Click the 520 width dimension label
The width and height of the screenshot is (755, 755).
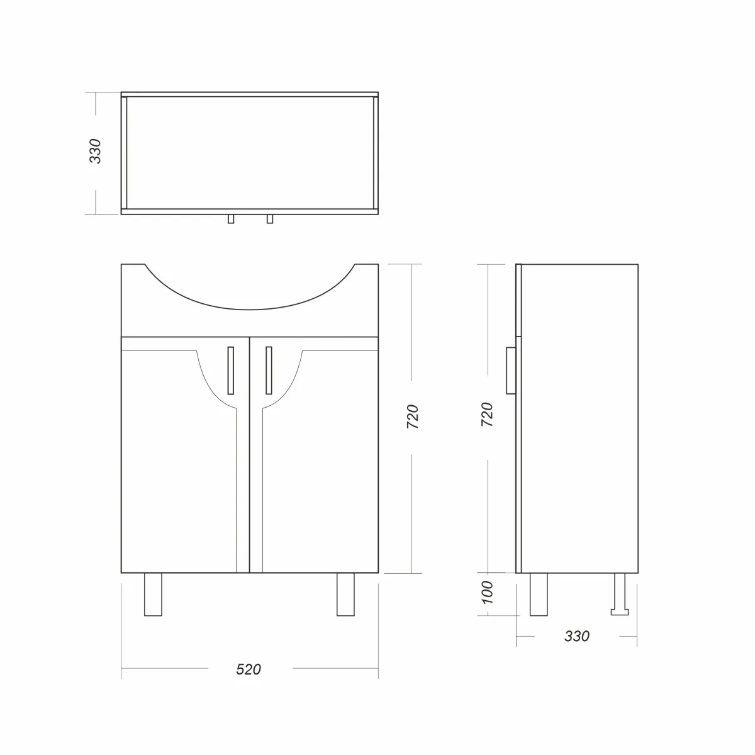pos(249,669)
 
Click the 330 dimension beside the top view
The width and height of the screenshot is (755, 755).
pos(95,151)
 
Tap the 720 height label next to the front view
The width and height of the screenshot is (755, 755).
pos(413,417)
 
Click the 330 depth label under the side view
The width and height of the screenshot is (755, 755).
pos(577,636)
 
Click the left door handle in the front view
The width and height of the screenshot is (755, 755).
pos(230,370)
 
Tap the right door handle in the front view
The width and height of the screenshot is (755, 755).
pos(269,370)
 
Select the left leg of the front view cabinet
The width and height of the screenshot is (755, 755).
pos(153,595)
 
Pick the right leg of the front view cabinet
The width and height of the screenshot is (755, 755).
pos(345,595)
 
